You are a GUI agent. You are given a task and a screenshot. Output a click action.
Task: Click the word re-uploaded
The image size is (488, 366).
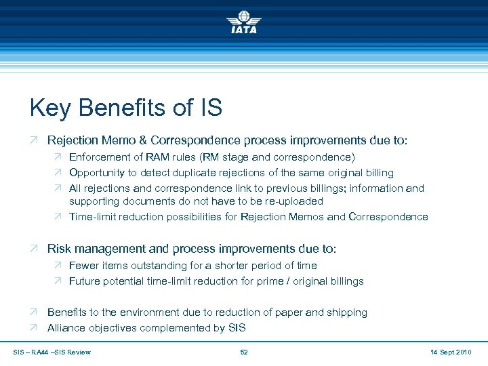(x=291, y=201)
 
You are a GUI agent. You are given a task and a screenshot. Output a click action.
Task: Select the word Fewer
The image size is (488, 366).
(x=84, y=266)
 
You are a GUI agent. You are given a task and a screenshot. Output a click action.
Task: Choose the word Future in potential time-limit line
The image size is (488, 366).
(x=85, y=281)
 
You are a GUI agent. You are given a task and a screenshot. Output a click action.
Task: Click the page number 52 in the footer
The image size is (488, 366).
(x=244, y=352)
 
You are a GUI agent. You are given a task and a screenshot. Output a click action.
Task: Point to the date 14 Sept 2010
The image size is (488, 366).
(x=451, y=352)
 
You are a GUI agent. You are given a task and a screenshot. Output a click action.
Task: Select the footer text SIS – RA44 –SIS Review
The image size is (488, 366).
(x=52, y=352)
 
